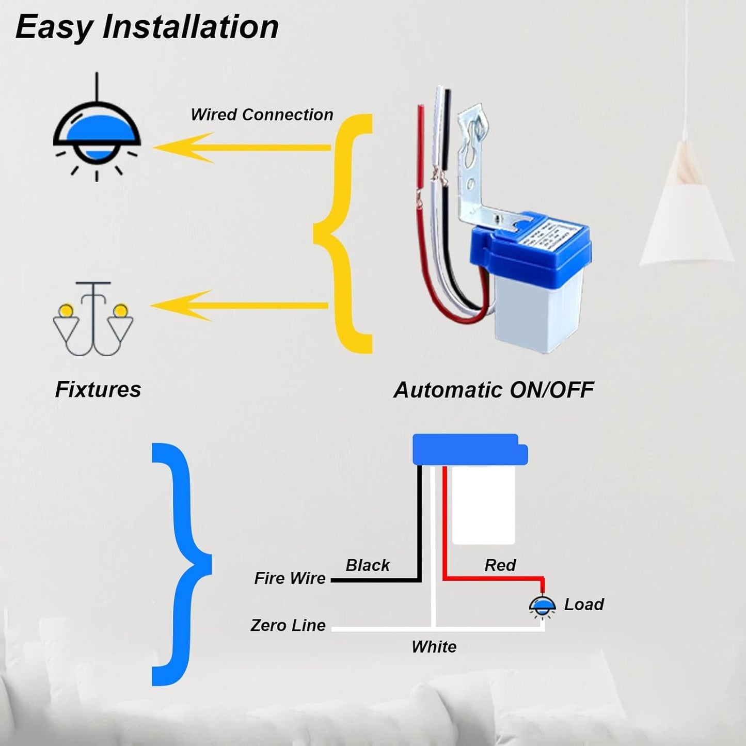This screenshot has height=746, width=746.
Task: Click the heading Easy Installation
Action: (x=147, y=27)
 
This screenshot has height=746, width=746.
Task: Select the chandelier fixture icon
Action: (x=93, y=320)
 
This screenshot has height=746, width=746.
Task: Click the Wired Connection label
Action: (x=262, y=115)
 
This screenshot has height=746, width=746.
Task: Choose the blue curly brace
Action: (x=181, y=564)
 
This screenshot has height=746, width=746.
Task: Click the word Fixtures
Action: (x=98, y=389)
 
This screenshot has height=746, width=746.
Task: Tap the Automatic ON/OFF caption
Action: (x=494, y=390)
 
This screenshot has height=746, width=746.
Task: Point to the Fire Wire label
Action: (x=290, y=578)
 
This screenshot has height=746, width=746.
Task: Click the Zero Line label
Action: (x=288, y=625)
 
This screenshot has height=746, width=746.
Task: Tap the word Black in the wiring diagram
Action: (x=368, y=565)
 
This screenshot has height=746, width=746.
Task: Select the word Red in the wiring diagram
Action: (x=500, y=565)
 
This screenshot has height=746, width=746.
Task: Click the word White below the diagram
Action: (x=434, y=647)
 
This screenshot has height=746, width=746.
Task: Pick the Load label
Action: (x=583, y=604)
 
